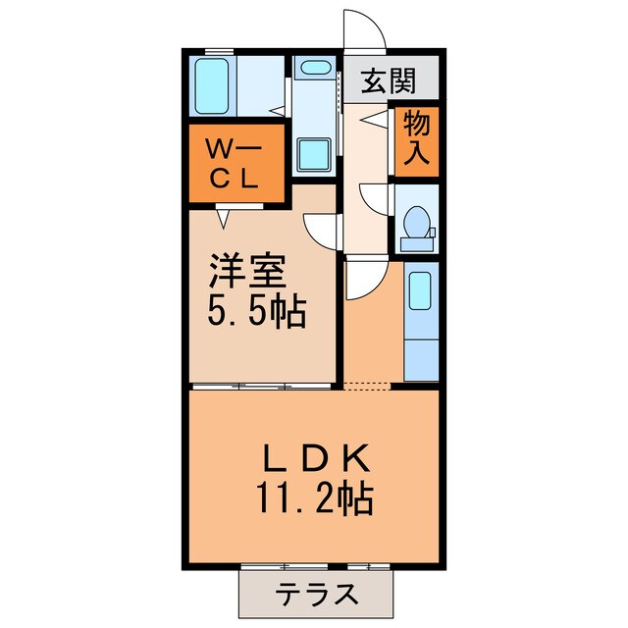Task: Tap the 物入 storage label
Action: (x=416, y=140)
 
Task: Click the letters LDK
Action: (x=316, y=459)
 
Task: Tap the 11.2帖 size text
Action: (x=316, y=501)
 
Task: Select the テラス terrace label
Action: (x=315, y=595)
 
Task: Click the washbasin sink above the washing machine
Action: (x=314, y=68)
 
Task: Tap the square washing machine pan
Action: (x=314, y=155)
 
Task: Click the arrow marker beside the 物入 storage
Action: (x=374, y=121)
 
